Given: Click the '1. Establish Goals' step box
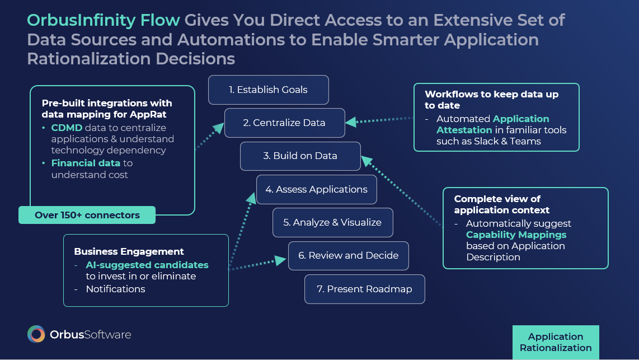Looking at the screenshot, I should (x=268, y=90).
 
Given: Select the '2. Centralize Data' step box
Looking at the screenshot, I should (x=284, y=123).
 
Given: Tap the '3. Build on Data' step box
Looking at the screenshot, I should (x=300, y=156).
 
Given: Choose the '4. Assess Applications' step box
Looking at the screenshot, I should (x=316, y=189).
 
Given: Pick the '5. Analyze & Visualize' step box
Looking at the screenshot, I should (x=332, y=222).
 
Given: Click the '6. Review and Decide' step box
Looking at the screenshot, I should (x=348, y=255).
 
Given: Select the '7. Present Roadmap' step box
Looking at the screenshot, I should (x=364, y=289).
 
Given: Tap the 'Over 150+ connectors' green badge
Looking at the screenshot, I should (x=87, y=215).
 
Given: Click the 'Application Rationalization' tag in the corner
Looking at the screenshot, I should (x=555, y=342).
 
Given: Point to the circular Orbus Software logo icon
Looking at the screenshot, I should (x=36, y=334).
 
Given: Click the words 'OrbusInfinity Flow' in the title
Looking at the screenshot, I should (x=104, y=21).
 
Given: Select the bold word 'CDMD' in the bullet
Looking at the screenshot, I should (x=66, y=128).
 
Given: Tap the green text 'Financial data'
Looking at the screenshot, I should (x=86, y=163).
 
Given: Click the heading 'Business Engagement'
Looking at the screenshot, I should (x=129, y=251).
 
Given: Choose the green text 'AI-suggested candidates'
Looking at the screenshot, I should (x=147, y=265).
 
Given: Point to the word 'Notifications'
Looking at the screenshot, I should (x=115, y=289).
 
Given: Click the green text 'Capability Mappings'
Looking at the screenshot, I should (x=516, y=235).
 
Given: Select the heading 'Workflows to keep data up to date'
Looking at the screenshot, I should (x=491, y=100).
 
